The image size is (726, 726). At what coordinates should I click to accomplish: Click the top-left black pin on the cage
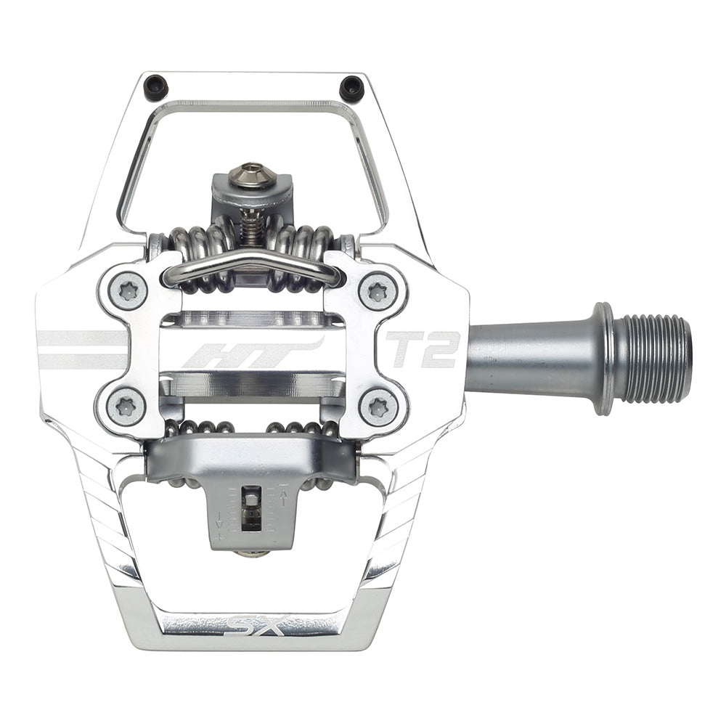[156, 88]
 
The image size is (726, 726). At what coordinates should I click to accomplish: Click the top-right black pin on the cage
[351, 88]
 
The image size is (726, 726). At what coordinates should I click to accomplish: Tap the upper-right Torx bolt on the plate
[378, 290]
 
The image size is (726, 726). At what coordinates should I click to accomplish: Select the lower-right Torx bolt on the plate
[378, 407]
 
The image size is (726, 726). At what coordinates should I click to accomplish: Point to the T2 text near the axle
[423, 349]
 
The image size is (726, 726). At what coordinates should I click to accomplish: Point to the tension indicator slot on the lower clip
[250, 508]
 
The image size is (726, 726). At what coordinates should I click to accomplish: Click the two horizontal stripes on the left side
[80, 349]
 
